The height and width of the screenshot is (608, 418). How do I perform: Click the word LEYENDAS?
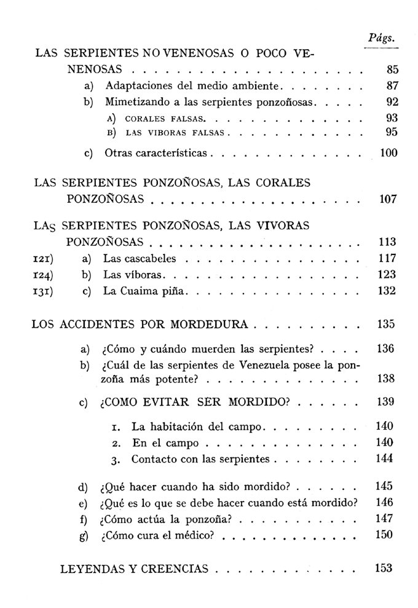point(92,569)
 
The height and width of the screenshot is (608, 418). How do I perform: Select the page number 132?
point(387,291)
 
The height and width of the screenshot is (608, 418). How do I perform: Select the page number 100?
point(388,153)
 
